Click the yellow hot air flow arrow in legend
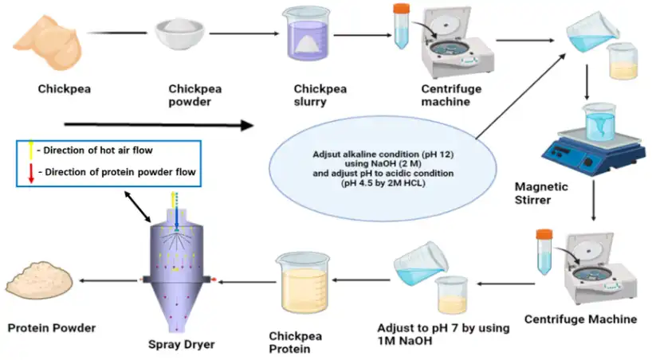31,149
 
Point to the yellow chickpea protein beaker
302,285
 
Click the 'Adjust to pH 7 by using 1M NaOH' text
426,335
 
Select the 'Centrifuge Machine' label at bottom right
580,319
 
